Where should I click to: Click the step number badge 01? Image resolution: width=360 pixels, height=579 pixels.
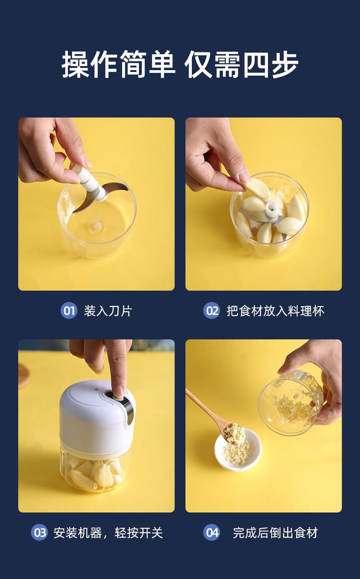tap(69, 310)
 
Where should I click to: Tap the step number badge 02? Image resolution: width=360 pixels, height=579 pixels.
tap(211, 310)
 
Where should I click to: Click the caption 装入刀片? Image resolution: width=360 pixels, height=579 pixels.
tap(108, 311)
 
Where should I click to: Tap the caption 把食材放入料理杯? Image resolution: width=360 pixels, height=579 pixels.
tap(275, 311)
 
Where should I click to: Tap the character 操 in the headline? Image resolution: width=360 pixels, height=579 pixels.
tap(76, 64)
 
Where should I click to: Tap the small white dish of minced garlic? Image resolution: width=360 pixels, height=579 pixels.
tap(238, 450)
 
